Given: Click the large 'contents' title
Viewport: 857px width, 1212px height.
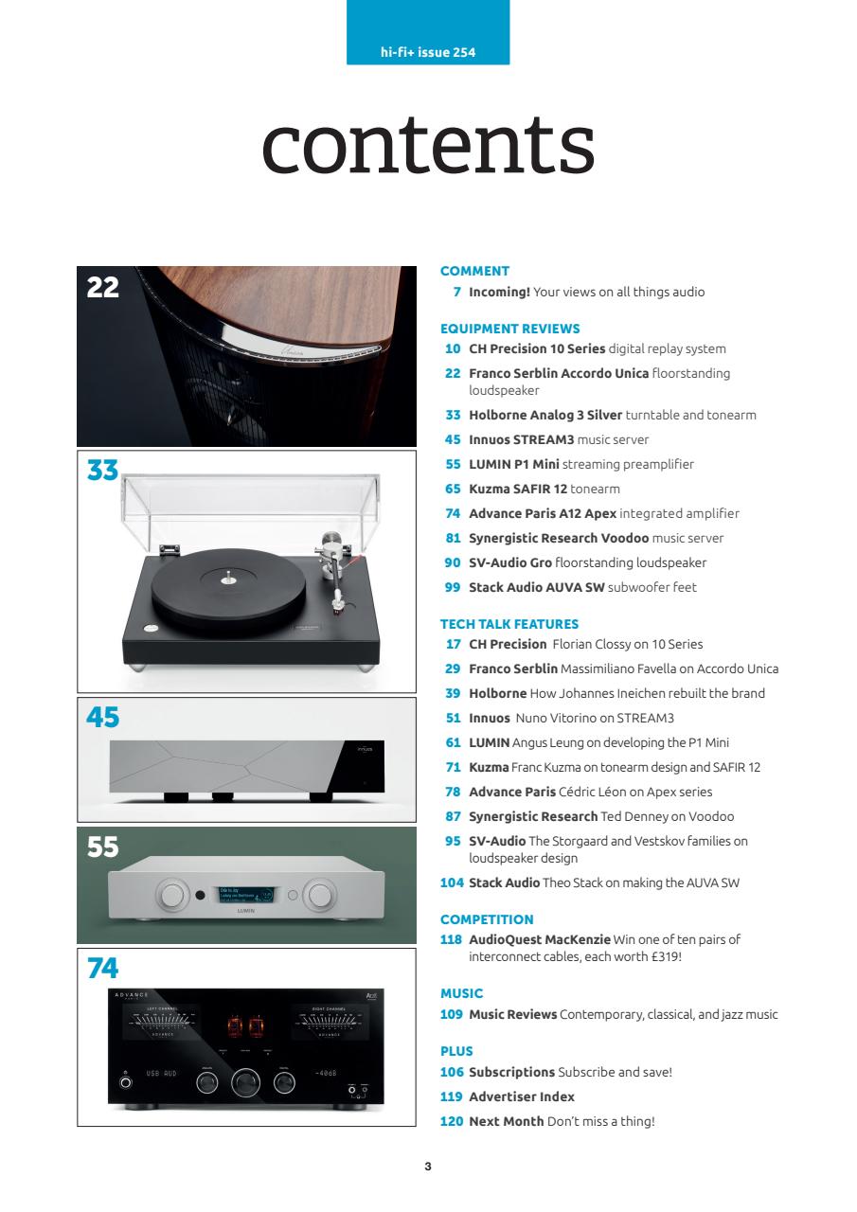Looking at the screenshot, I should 428,146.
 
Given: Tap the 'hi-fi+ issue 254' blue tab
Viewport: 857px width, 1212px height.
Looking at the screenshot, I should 428,52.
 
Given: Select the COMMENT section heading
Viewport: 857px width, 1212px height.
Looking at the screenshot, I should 475,271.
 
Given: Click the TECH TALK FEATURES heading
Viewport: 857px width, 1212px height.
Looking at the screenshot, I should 509,624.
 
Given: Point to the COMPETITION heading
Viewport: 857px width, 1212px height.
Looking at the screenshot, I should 487,919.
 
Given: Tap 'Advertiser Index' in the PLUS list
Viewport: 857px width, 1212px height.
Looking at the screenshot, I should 522,1096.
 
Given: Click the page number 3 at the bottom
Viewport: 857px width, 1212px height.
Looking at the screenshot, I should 428,1167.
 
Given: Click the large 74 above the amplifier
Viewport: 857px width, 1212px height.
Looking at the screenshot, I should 104,968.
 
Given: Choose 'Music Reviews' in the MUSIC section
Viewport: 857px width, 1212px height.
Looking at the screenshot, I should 512,1015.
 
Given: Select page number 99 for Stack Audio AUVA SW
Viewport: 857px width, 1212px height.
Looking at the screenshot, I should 452,587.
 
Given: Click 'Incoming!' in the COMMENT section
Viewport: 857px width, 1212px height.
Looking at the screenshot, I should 499,292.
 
